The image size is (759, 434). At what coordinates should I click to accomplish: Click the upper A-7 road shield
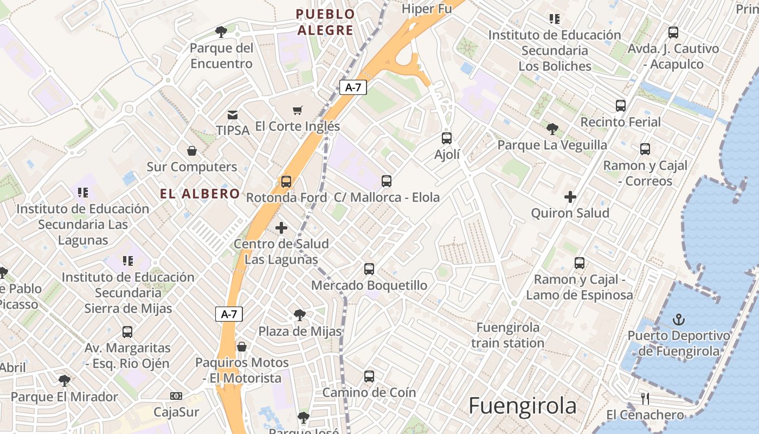353,87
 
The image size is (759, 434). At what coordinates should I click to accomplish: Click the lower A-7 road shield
229,314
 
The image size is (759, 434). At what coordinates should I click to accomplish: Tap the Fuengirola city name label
522,406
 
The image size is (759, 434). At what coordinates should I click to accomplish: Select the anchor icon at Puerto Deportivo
678,320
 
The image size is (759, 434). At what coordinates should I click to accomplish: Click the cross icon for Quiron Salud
570,197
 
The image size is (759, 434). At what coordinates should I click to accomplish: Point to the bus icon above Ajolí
447,138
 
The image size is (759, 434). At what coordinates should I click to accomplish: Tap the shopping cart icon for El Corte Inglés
297,111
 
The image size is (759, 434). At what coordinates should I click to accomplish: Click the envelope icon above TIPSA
233,114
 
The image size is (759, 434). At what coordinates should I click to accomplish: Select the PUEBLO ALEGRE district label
325,22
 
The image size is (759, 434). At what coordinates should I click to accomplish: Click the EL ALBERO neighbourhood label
200,194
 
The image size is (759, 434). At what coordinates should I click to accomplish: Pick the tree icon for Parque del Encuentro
221,32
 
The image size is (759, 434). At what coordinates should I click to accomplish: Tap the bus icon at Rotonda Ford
286,182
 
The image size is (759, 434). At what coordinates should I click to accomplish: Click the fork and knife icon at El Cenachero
645,399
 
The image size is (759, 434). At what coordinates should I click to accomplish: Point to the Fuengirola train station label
508,335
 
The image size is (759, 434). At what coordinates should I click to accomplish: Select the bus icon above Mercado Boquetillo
369,269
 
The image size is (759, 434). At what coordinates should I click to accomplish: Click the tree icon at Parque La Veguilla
552,129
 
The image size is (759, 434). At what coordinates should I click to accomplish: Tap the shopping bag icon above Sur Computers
191,150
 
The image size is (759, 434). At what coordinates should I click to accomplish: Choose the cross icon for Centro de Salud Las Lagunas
281,228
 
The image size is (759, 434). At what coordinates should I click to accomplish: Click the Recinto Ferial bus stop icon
621,106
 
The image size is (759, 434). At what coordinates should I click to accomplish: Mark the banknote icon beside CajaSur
176,396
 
